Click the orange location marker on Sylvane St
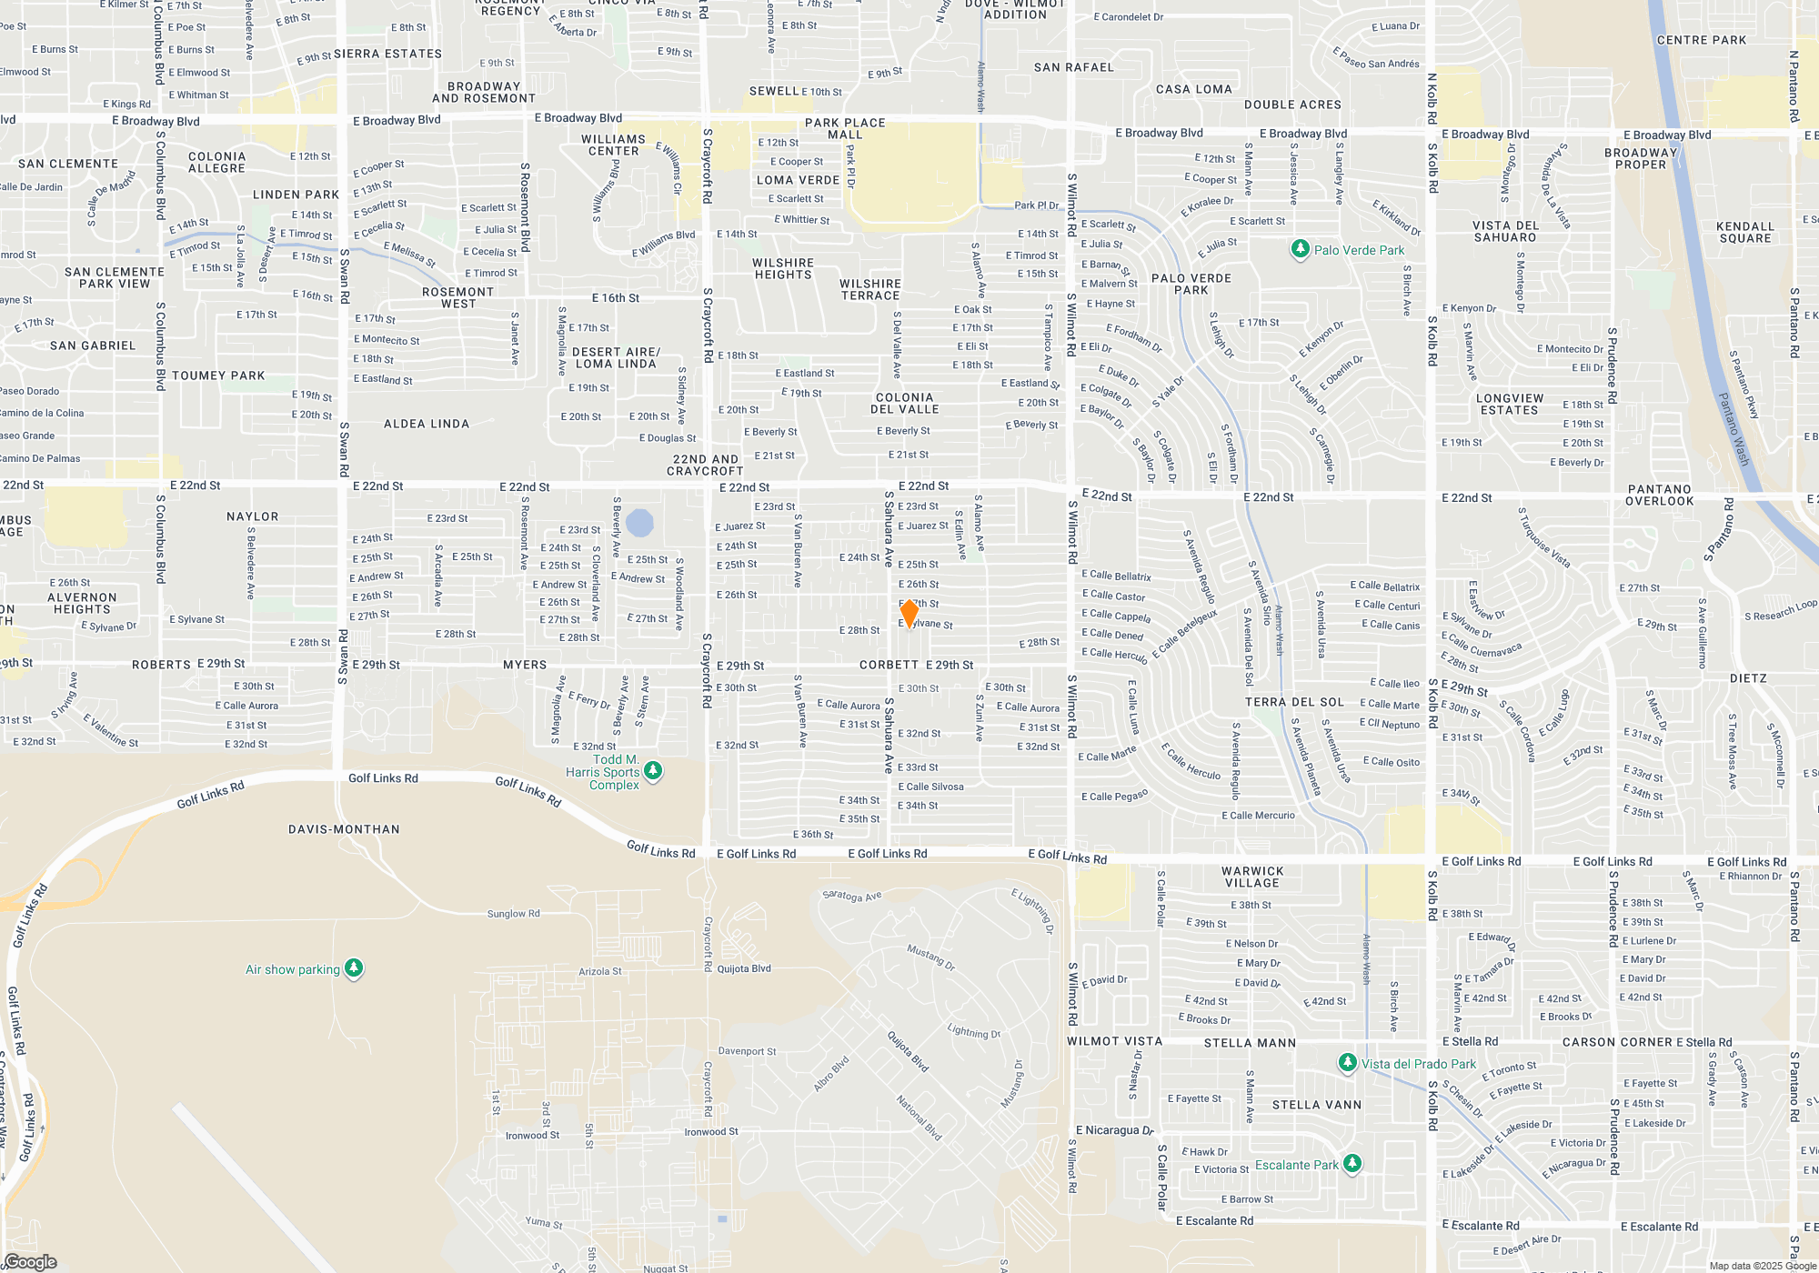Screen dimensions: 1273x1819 pos(908,613)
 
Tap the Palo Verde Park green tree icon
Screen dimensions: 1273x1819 pos(1300,249)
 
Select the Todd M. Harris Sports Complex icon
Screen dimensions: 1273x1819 pos(652,771)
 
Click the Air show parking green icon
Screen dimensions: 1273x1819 pos(354,968)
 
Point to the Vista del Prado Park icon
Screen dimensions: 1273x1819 pos(1347,1063)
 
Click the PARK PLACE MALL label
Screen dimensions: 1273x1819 pos(845,128)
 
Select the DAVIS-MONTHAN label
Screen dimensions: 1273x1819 pos(344,829)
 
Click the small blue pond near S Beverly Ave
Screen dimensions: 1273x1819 pos(639,522)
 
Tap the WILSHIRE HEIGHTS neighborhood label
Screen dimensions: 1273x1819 pos(782,268)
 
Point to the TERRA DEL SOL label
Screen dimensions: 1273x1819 pos(1293,702)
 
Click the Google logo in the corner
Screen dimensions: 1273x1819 pos(30,1261)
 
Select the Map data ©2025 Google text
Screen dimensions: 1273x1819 pos(1762,1266)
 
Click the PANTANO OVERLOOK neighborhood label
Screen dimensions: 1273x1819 pos(1659,495)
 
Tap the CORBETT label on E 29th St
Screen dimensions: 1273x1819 pos(889,665)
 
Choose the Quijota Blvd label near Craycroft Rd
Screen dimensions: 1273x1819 pos(744,968)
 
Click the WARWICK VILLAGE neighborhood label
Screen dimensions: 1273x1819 pos(1251,877)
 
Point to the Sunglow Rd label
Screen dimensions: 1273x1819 pos(513,913)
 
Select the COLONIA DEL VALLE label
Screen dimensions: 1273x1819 pos(904,403)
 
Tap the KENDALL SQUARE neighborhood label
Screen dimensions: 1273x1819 pos(1744,232)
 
